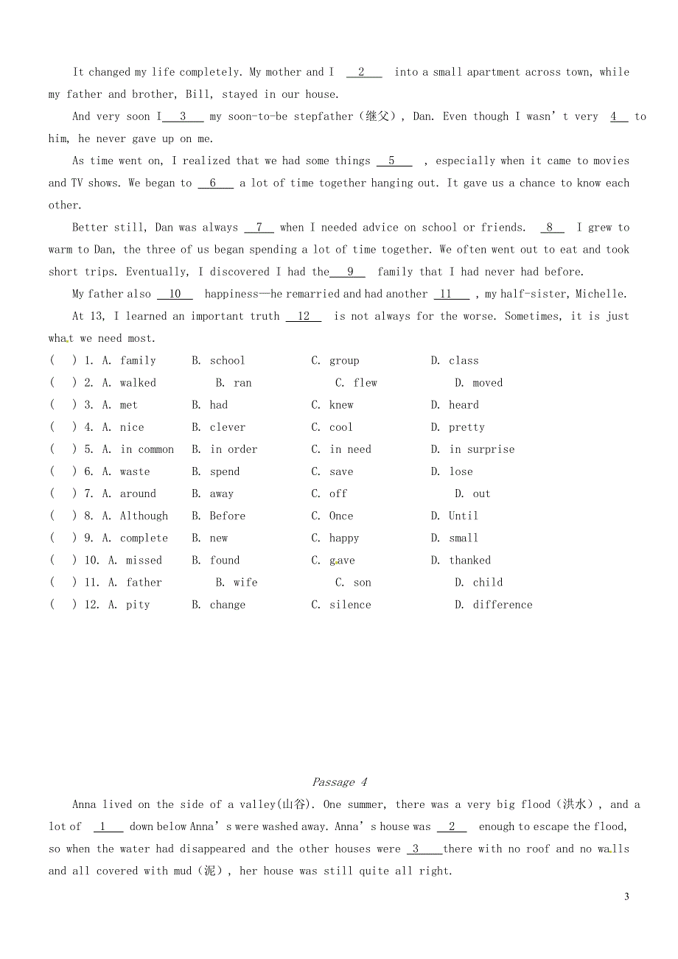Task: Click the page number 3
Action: point(626,896)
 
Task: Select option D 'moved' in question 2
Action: point(487,383)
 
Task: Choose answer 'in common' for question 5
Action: point(147,449)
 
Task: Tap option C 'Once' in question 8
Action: point(340,516)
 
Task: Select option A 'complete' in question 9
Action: point(144,538)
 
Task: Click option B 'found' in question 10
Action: point(224,561)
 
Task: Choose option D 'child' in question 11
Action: point(487,583)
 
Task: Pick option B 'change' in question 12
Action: point(227,605)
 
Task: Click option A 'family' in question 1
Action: point(138,361)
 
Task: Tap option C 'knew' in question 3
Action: point(341,405)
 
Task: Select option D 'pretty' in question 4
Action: point(466,427)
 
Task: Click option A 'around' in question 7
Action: point(138,493)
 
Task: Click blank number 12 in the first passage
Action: point(304,316)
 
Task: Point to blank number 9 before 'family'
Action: point(350,272)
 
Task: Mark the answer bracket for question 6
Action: point(63,471)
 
